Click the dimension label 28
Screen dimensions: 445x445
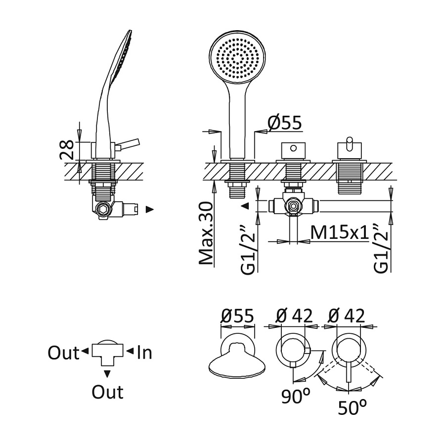[x=68, y=149]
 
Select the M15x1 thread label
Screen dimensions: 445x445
[x=340, y=233]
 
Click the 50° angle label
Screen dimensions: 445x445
[x=353, y=407]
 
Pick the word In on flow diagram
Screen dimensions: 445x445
[x=144, y=353]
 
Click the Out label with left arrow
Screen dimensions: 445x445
[x=64, y=353]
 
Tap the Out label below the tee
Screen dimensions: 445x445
[x=107, y=393]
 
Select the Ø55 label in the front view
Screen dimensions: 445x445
[x=284, y=124]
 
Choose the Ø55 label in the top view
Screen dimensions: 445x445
[x=237, y=316]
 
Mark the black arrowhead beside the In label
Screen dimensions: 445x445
[x=130, y=352]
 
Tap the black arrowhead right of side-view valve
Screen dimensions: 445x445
[x=150, y=210]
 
